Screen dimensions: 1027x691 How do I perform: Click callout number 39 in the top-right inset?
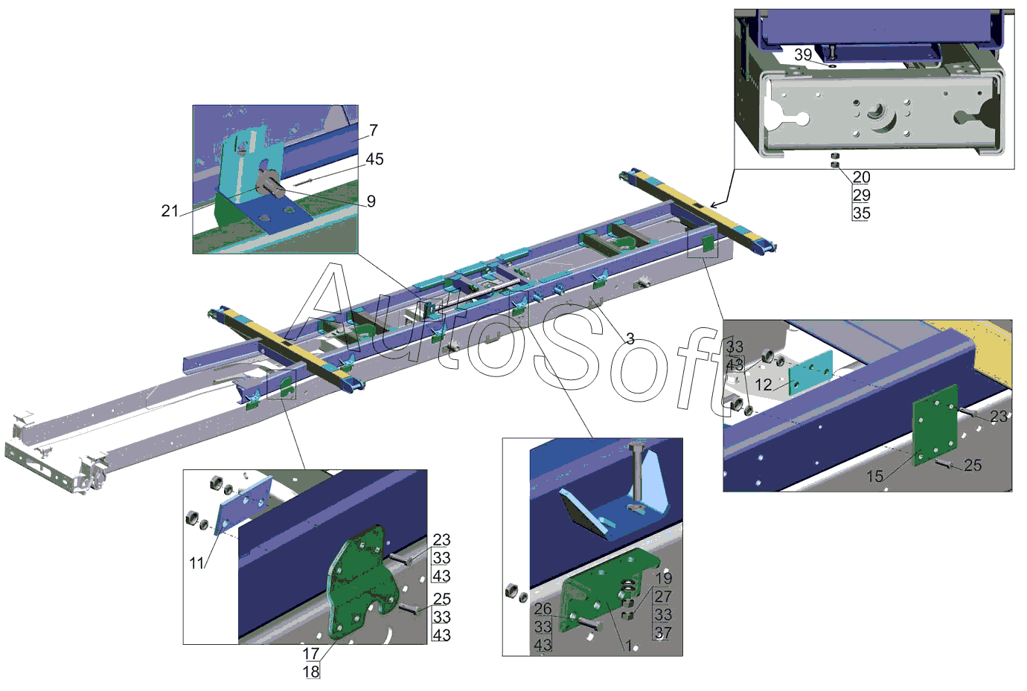[803, 54]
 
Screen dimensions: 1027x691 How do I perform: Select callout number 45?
[374, 159]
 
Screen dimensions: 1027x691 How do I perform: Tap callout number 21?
[170, 210]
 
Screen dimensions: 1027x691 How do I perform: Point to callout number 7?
[374, 130]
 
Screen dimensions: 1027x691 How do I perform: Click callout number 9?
[371, 201]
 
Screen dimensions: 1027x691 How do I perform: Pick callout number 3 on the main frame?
[630, 338]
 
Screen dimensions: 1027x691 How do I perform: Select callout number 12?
[764, 385]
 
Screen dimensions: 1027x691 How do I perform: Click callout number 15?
[874, 476]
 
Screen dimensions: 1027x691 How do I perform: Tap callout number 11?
[196, 563]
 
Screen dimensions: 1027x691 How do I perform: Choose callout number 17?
[311, 654]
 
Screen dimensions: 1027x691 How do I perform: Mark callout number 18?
[311, 672]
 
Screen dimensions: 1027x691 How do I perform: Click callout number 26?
[543, 609]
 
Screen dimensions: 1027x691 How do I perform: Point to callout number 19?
[663, 578]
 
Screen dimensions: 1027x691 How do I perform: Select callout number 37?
[663, 633]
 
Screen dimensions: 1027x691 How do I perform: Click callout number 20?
[862, 177]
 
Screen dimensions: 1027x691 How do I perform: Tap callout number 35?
[862, 213]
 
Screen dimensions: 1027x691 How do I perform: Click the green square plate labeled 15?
[935, 425]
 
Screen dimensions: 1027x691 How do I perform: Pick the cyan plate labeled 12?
[810, 373]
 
